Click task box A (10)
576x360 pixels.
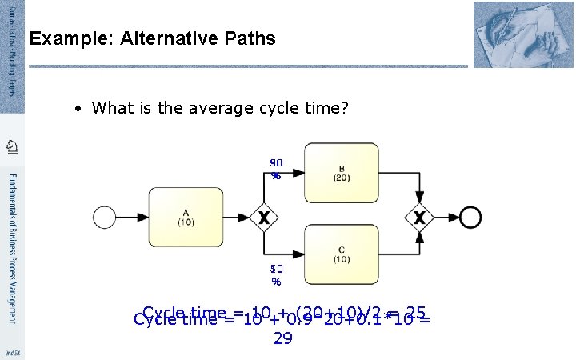click(185, 217)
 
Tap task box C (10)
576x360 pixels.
click(341, 254)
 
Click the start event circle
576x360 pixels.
click(105, 217)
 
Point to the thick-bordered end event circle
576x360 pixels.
click(472, 217)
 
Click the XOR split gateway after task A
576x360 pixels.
click(263, 217)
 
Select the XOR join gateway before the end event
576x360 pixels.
click(418, 217)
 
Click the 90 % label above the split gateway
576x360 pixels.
click(276, 168)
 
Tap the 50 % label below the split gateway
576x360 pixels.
click(276, 274)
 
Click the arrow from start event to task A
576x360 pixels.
click(130, 217)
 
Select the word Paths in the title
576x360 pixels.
click(253, 38)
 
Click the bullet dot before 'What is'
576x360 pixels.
click(81, 108)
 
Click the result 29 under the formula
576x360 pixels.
click(282, 338)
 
